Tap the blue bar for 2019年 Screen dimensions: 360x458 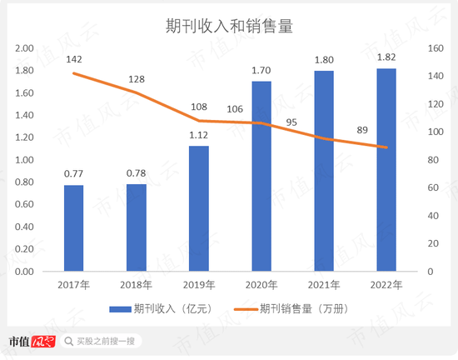[x=199, y=208]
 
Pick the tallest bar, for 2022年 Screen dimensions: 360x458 [x=386, y=170]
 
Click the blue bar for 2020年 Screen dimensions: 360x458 [x=261, y=176]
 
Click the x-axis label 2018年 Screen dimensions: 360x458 [x=137, y=285]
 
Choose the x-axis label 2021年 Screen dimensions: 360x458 [x=324, y=285]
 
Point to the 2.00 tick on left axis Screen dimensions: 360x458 [x=25, y=48]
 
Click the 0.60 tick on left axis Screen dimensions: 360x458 [x=25, y=205]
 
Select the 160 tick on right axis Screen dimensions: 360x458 [x=435, y=48]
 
